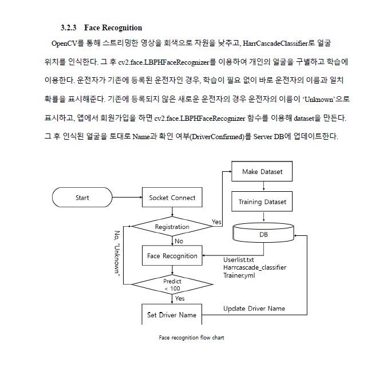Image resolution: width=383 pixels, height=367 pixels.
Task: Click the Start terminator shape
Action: (x=82, y=198)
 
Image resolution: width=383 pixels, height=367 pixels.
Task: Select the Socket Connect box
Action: (x=172, y=198)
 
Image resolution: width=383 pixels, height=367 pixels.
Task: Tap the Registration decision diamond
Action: (x=172, y=227)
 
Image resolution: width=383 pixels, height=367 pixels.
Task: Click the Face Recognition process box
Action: (x=172, y=256)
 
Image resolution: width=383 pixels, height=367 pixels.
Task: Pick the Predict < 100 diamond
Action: (x=172, y=285)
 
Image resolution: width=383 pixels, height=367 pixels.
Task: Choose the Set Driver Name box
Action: (x=172, y=315)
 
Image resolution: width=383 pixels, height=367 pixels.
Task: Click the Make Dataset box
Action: (x=262, y=172)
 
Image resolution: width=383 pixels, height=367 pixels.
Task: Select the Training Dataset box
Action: (x=262, y=202)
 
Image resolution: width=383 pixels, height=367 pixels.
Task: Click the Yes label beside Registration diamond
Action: (x=216, y=222)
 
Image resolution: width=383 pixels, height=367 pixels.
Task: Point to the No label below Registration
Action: (x=179, y=241)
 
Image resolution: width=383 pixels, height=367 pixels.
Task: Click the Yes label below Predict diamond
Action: (x=180, y=298)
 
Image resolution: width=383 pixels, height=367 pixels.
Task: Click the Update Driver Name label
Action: (x=254, y=309)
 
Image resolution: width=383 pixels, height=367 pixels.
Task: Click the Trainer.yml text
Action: (x=239, y=275)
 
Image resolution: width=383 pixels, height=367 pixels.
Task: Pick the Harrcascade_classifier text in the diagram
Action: (x=254, y=267)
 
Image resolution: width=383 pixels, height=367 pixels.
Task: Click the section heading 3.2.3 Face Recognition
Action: (x=101, y=27)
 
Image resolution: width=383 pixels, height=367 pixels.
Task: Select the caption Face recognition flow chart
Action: (x=191, y=338)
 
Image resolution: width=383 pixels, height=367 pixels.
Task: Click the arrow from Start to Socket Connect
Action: (x=127, y=198)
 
